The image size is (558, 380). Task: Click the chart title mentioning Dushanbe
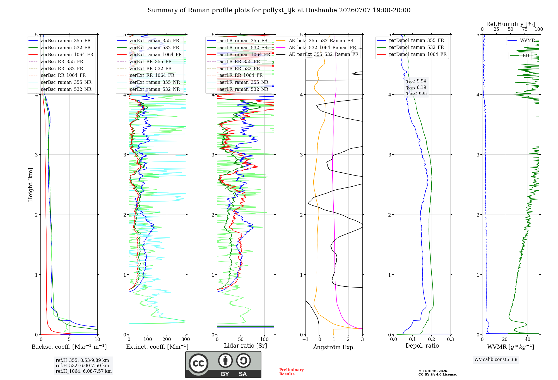[279, 10]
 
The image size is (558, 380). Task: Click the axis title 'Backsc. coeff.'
[69, 347]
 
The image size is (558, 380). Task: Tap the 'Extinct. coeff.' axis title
[157, 347]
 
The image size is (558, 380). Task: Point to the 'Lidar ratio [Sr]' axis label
[246, 346]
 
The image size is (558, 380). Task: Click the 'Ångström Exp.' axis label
[334, 347]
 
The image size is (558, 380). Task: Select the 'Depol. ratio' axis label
[422, 346]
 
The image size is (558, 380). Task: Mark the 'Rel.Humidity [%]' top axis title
[511, 24]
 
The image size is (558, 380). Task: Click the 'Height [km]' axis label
[31, 185]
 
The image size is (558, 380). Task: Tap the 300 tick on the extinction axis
[186, 339]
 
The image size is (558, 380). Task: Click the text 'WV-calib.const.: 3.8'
[496, 360]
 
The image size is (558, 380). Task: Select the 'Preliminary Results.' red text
[292, 372]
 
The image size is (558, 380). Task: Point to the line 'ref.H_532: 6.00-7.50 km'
[82, 366]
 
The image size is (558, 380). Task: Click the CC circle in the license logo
[199, 364]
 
